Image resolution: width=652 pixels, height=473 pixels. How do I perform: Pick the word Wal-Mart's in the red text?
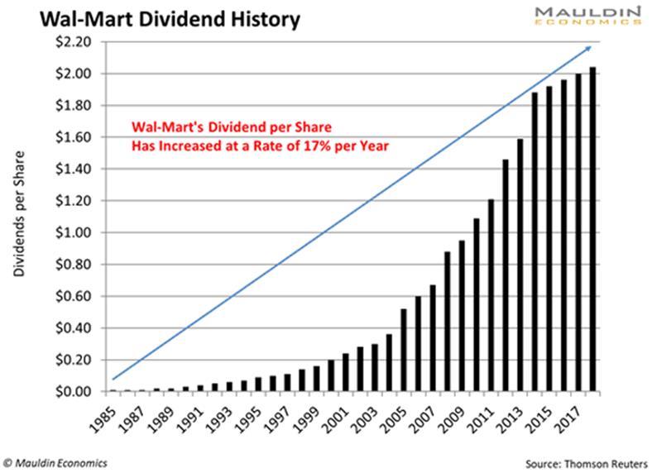(x=162, y=129)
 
